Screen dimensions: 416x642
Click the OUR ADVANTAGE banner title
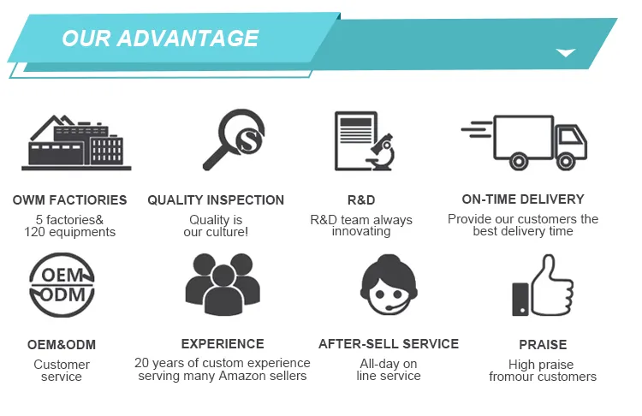(160, 39)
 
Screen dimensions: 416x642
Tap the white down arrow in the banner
(565, 53)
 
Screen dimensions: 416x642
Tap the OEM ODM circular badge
(62, 287)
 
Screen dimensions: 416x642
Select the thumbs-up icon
(542, 287)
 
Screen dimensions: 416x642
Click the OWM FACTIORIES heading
(69, 200)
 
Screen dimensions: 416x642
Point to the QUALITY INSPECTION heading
(216, 200)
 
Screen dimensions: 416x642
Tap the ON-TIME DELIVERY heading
(523, 199)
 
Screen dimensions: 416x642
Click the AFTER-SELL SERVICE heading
(389, 344)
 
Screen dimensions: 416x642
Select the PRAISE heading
(543, 345)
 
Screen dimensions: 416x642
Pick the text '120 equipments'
(69, 232)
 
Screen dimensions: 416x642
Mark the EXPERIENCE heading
(223, 344)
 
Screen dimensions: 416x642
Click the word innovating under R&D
(361, 231)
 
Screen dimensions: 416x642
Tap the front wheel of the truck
(566, 160)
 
